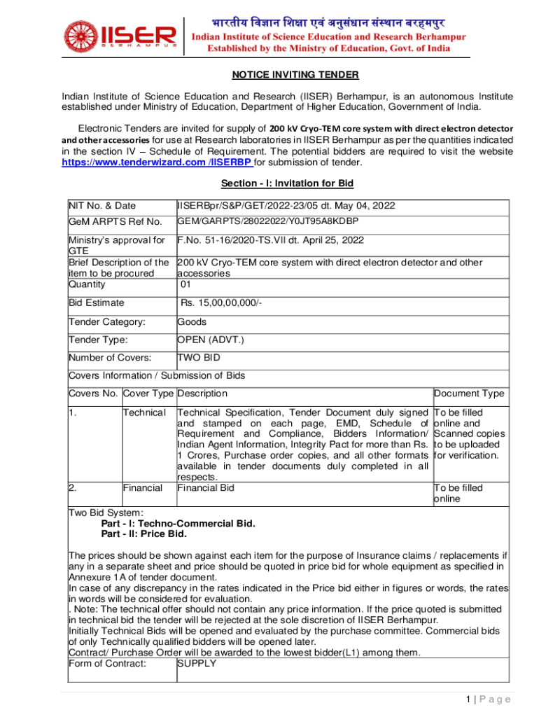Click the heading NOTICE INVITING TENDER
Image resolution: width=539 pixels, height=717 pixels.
286,75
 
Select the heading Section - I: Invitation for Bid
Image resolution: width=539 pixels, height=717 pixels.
287,183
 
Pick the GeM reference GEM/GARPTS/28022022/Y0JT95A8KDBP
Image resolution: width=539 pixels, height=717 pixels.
268,222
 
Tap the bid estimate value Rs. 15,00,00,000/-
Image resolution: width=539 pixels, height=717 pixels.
221,302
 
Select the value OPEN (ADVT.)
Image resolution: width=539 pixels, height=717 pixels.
211,340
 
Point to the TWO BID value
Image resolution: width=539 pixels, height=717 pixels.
199,358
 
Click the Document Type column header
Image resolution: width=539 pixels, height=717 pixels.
469,394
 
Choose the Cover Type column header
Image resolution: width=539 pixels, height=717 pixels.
148,394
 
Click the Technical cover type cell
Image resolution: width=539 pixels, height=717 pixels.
144,413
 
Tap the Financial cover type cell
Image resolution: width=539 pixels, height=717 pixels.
143,487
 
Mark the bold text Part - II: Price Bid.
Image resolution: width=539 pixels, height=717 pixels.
144,534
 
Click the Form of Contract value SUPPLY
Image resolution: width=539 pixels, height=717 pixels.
197,664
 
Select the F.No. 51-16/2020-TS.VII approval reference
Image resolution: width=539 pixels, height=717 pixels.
271,240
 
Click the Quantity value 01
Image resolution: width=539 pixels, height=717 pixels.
185,284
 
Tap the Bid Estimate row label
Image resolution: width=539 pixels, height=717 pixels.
97,302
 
